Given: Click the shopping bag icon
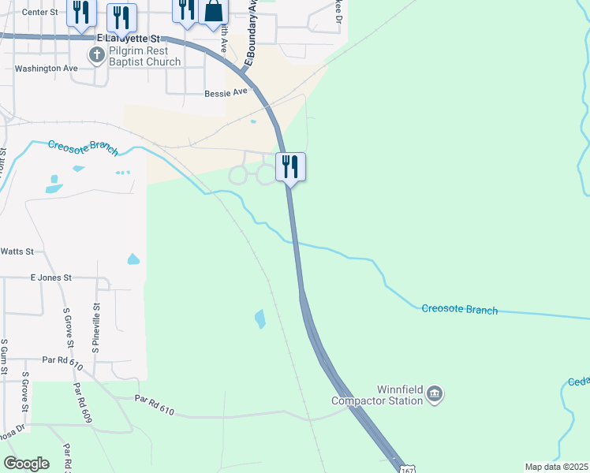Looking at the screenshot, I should (213, 11).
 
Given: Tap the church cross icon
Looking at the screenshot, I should (96, 54).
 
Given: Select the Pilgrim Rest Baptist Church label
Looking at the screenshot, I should (145, 56).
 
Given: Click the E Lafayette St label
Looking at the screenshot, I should (128, 38).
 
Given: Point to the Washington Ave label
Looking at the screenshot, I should (47, 69).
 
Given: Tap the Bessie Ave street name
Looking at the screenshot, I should (226, 91).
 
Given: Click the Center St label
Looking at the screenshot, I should (40, 13).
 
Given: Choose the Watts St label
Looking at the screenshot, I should (17, 251).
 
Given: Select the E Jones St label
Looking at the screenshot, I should (50, 277).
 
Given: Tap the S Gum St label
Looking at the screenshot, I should (5, 359).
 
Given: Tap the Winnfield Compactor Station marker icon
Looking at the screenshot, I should (435, 393).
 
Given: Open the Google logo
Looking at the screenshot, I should (26, 464).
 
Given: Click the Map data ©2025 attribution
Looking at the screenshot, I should (556, 467).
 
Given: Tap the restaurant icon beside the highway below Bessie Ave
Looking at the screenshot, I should (290, 166).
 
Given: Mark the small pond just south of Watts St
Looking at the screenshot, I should (133, 259).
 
